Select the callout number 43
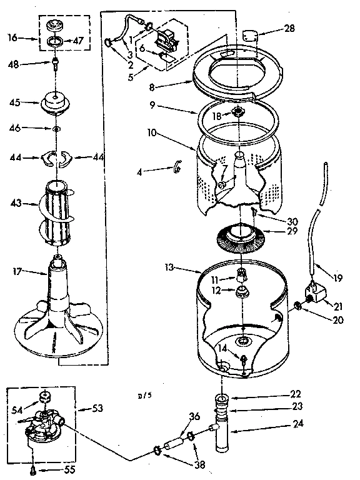pyautogui.click(x=16, y=202)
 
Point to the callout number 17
pyautogui.click(x=18, y=271)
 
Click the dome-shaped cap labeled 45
pyautogui.click(x=56, y=102)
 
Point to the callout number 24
pyautogui.click(x=296, y=429)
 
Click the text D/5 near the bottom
pyautogui.click(x=145, y=396)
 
